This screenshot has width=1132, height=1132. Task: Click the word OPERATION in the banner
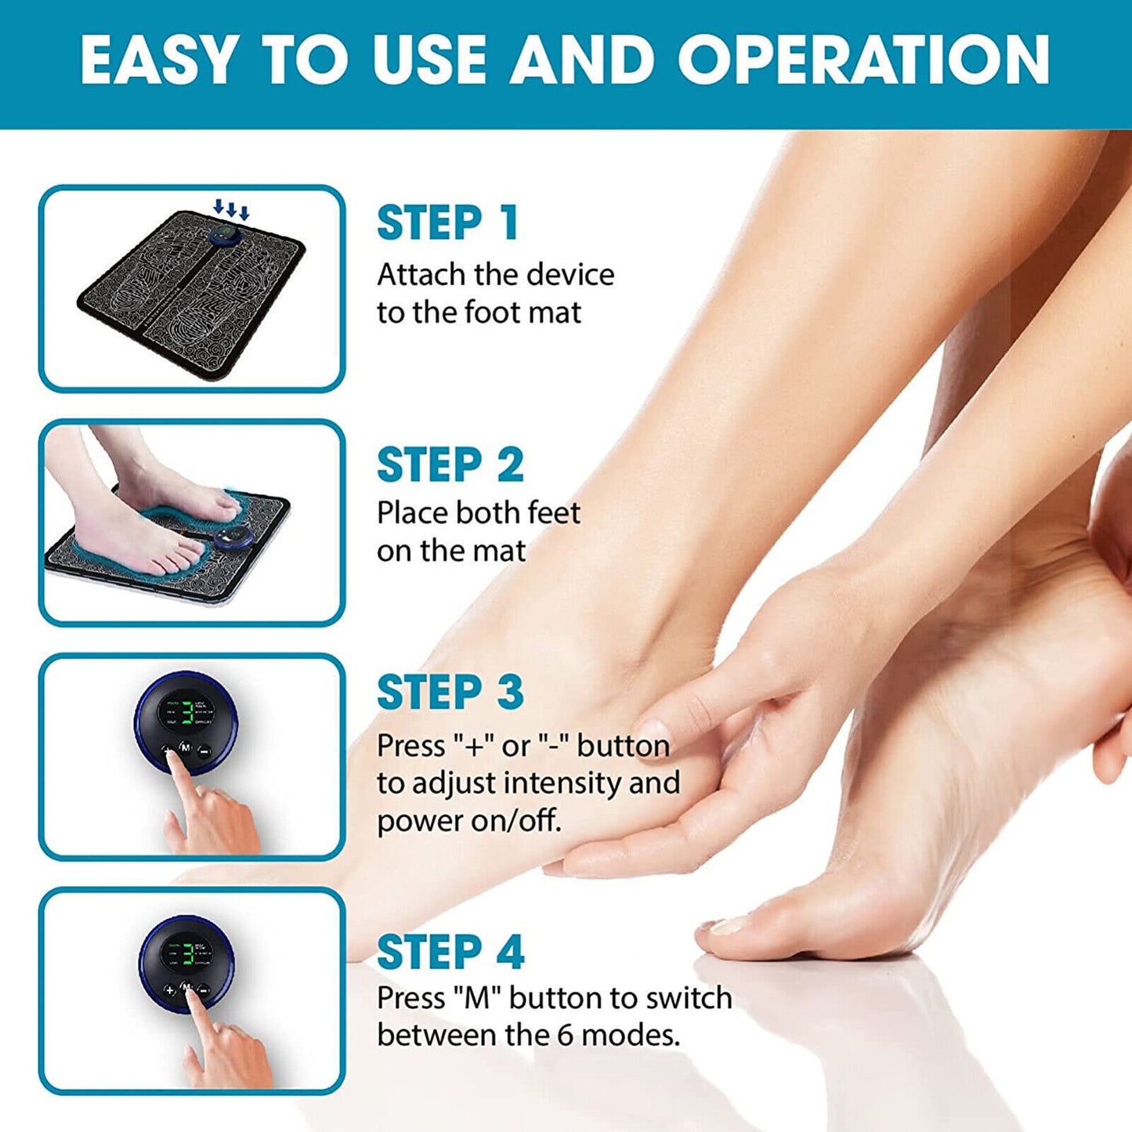(863, 60)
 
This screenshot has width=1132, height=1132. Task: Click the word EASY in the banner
(157, 60)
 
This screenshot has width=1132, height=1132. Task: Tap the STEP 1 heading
(448, 223)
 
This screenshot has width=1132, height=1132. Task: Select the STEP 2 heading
(450, 465)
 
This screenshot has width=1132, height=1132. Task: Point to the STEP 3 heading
(450, 693)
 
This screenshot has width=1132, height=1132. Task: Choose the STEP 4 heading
(450, 953)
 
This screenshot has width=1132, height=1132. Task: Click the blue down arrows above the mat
(231, 209)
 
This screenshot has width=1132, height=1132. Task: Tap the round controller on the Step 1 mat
(227, 236)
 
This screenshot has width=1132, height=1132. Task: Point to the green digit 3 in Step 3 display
(188, 713)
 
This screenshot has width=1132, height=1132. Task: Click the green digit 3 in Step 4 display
(188, 953)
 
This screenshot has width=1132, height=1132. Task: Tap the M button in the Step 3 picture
(186, 748)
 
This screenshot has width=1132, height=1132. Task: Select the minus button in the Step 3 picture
(204, 750)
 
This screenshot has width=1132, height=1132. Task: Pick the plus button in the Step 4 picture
(169, 990)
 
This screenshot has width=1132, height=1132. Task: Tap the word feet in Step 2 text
(553, 513)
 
